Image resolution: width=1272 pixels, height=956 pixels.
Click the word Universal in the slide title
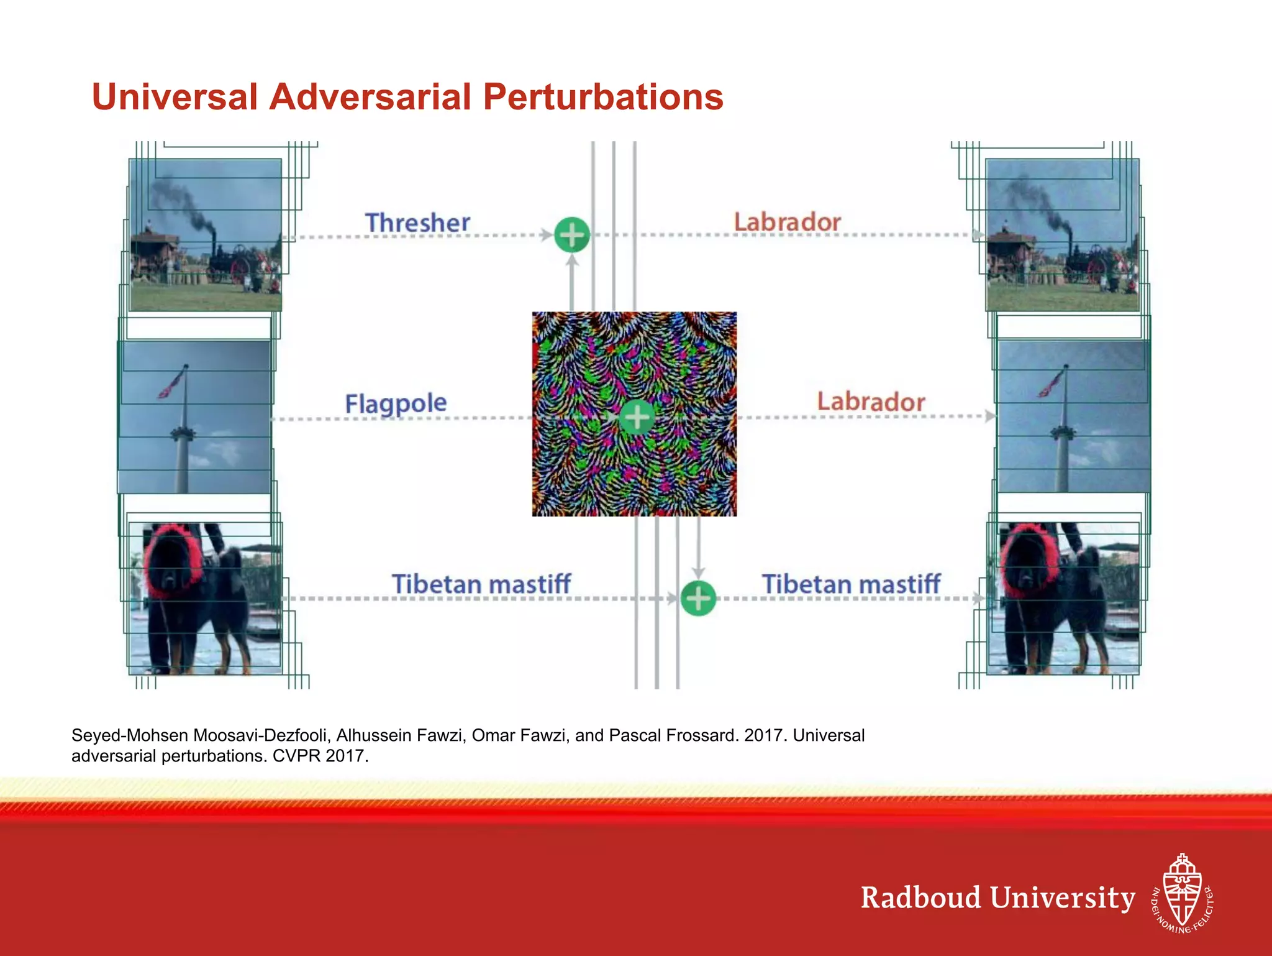[x=175, y=98]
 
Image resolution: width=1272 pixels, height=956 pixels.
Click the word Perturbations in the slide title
[x=602, y=98]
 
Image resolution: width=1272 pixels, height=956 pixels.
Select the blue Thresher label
[x=417, y=223]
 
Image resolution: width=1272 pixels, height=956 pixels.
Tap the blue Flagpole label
[x=396, y=403]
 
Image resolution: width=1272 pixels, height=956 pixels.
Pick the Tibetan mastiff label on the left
[x=481, y=584]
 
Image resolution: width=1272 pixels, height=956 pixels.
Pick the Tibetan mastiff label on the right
[x=851, y=584]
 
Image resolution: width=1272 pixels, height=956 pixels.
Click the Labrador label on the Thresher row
[x=787, y=222]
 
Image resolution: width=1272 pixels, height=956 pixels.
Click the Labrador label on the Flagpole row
[x=871, y=402]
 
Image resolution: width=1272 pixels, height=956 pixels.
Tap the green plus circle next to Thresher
[x=571, y=235]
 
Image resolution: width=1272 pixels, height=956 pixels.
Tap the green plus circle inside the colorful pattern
[x=637, y=416]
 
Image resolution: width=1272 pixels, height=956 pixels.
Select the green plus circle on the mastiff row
[x=698, y=599]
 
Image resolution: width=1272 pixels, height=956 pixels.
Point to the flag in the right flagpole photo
[x=1051, y=383]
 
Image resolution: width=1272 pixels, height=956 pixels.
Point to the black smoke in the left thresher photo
[x=180, y=199]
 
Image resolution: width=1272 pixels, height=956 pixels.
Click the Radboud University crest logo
[x=1182, y=893]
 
